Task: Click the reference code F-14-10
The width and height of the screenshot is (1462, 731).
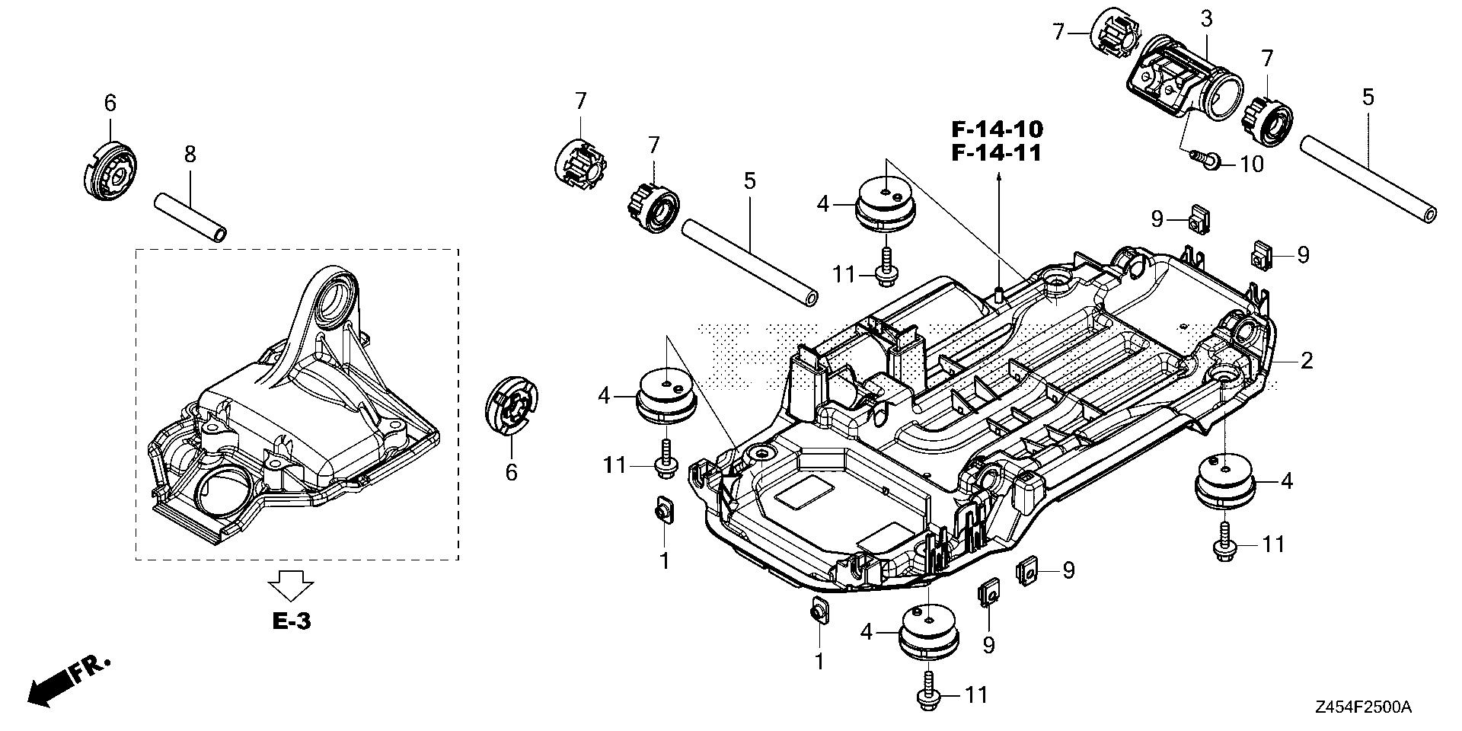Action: pos(997,128)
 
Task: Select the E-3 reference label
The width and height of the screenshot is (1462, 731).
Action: pos(292,622)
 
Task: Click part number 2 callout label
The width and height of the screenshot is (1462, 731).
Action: pos(1307,360)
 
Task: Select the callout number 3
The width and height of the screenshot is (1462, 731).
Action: pos(1206,19)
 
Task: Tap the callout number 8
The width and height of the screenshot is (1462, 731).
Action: pos(190,155)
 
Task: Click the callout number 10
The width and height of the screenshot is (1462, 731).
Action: pos(1251,164)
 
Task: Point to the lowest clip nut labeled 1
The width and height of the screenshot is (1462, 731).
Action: pos(819,611)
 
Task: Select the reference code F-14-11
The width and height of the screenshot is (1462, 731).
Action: pos(997,152)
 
